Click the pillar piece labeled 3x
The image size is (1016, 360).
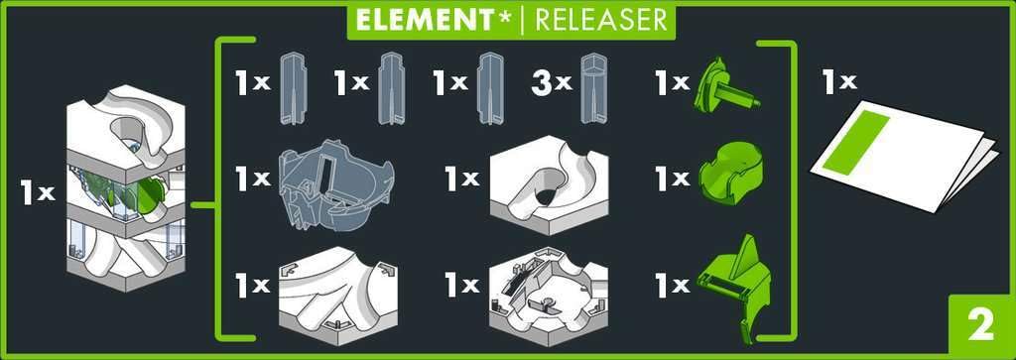(x=595, y=88)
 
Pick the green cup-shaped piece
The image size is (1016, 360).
(x=730, y=174)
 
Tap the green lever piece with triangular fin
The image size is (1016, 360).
(x=735, y=285)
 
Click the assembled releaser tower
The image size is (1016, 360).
(x=126, y=187)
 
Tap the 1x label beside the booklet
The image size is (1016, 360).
(x=839, y=82)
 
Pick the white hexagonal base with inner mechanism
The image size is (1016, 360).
(x=548, y=295)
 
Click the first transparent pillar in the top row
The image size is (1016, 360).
(x=293, y=88)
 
